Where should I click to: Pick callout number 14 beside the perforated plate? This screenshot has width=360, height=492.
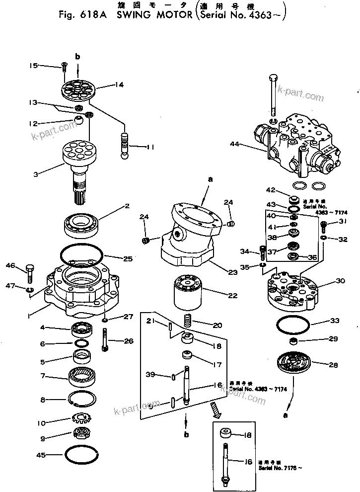click(x=119, y=85)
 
